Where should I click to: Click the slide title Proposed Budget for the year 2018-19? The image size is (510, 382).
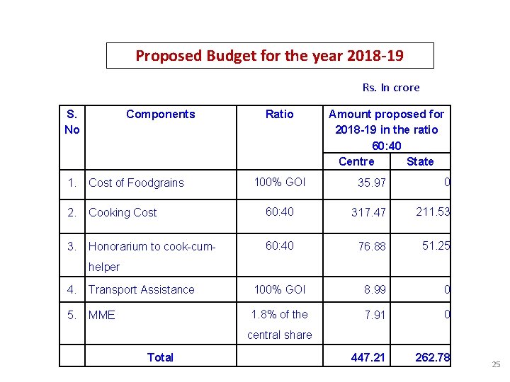click(270, 55)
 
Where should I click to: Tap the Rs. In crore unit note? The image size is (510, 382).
click(391, 88)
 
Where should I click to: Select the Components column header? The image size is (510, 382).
click(160, 114)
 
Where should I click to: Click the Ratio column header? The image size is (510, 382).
click(279, 114)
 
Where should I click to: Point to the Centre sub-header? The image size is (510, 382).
click(356, 161)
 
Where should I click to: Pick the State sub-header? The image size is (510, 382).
click(420, 161)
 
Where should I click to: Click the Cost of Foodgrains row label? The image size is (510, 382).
click(136, 183)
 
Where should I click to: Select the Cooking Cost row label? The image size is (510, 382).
click(123, 212)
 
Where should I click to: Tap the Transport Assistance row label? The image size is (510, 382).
click(141, 289)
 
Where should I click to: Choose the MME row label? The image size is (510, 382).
click(102, 315)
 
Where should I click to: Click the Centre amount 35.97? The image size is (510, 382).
click(372, 183)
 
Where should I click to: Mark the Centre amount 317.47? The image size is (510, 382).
click(369, 213)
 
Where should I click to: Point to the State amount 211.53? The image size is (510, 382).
click(432, 212)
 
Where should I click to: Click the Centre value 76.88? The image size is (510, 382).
click(372, 246)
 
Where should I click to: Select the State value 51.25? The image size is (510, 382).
click(436, 245)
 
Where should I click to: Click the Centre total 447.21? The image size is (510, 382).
click(368, 357)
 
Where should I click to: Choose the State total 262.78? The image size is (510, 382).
click(432, 357)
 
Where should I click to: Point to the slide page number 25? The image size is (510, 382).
click(496, 364)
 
